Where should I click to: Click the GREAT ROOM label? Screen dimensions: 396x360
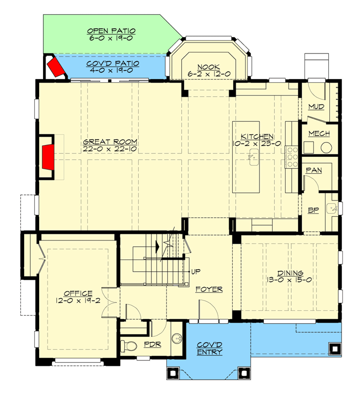[x=110, y=142]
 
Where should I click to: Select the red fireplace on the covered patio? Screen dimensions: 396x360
[x=56, y=68]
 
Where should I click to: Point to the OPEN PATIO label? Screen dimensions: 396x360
[x=111, y=31]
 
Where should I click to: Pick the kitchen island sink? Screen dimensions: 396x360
[x=252, y=158]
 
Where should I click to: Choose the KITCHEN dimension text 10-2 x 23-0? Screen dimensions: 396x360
[x=257, y=144]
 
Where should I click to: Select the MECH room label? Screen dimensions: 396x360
[x=319, y=134]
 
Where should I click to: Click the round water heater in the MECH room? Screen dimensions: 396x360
[x=326, y=148]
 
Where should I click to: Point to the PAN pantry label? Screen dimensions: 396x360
[x=314, y=170]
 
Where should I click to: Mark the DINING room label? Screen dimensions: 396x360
[x=290, y=273]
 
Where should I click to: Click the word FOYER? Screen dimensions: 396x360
[x=208, y=289]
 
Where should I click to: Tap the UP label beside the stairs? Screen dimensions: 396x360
[x=196, y=272]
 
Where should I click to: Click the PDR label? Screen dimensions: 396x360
[x=152, y=344]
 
